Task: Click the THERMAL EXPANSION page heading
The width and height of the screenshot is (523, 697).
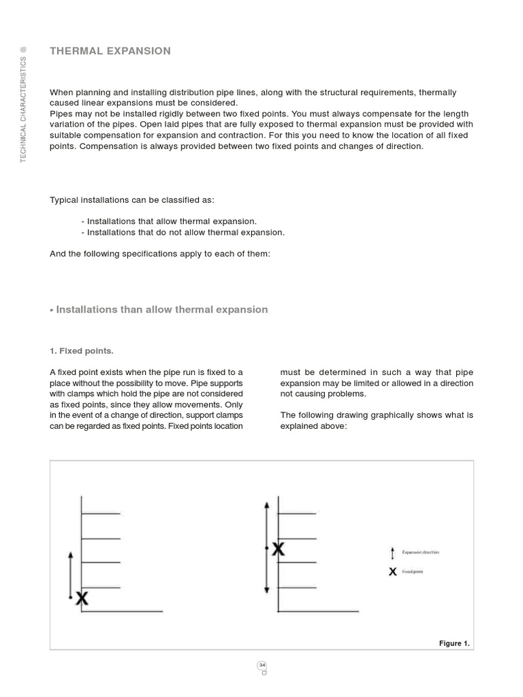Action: tap(110, 51)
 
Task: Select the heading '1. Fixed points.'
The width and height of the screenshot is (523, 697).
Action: tap(82, 351)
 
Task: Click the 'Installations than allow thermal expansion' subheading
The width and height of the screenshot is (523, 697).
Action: tap(161, 310)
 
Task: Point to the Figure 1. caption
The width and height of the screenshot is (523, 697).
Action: tap(454, 643)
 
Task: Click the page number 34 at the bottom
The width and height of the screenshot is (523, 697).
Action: tap(261, 665)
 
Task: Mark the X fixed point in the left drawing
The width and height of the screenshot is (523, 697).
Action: tap(82, 598)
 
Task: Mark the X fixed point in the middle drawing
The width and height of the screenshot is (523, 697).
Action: tap(278, 549)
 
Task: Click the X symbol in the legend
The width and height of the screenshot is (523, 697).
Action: tap(392, 572)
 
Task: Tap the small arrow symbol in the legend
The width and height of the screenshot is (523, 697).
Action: tap(392, 553)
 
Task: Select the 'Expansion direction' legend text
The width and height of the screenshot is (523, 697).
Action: tap(420, 552)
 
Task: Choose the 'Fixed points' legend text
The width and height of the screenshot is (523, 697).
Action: tap(413, 572)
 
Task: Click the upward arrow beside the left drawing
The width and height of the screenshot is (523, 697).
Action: tap(70, 575)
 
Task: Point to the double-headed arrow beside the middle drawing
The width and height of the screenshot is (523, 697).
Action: tap(266, 547)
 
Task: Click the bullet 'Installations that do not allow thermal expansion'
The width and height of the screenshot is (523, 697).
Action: tap(183, 232)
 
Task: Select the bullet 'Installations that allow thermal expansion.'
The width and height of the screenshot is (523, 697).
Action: tap(169, 221)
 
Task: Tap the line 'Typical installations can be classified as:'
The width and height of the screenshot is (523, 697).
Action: tap(132, 199)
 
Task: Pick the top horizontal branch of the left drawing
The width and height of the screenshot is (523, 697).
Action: tap(101, 513)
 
